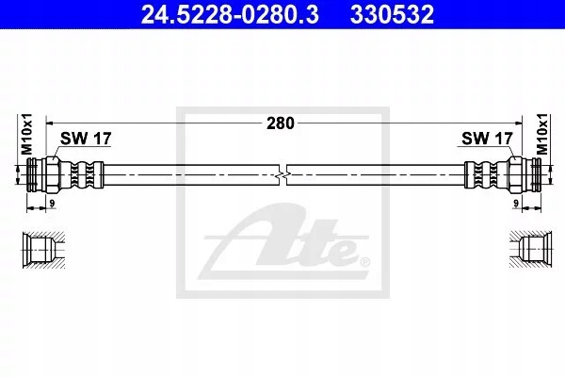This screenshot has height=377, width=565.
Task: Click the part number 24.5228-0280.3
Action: point(230,15)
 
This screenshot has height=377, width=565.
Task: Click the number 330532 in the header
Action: point(393,15)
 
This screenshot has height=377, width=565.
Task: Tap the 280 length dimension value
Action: point(281,123)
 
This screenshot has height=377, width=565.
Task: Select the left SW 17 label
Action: point(86,139)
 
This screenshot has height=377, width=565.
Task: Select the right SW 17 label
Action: point(487,139)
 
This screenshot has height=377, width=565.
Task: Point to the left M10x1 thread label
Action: point(26,134)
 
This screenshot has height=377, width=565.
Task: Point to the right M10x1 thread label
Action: point(541,134)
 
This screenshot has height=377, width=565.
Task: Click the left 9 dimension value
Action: point(52,204)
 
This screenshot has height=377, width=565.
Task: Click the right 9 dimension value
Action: point(516,204)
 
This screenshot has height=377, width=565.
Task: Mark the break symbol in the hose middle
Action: point(282,175)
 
